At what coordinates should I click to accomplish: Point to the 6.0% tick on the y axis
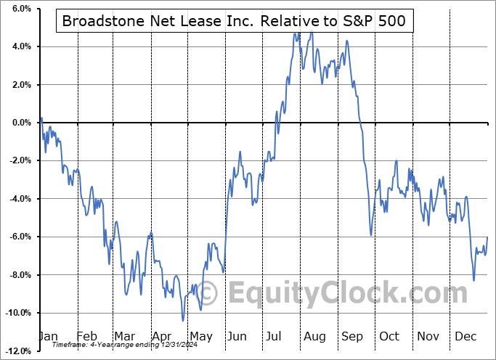click(20, 9)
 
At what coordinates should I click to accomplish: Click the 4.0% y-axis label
click(20, 47)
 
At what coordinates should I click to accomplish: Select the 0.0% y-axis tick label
click(20, 123)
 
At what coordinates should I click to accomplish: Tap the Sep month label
click(354, 336)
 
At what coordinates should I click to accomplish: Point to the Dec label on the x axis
click(466, 336)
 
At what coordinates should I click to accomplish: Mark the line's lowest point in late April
click(183, 320)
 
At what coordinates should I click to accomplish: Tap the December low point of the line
click(474, 281)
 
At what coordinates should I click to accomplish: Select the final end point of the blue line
click(487, 237)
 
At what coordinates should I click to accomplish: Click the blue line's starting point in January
click(41, 118)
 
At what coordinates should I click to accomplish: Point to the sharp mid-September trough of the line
click(370, 235)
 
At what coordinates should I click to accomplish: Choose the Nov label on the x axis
click(429, 336)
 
